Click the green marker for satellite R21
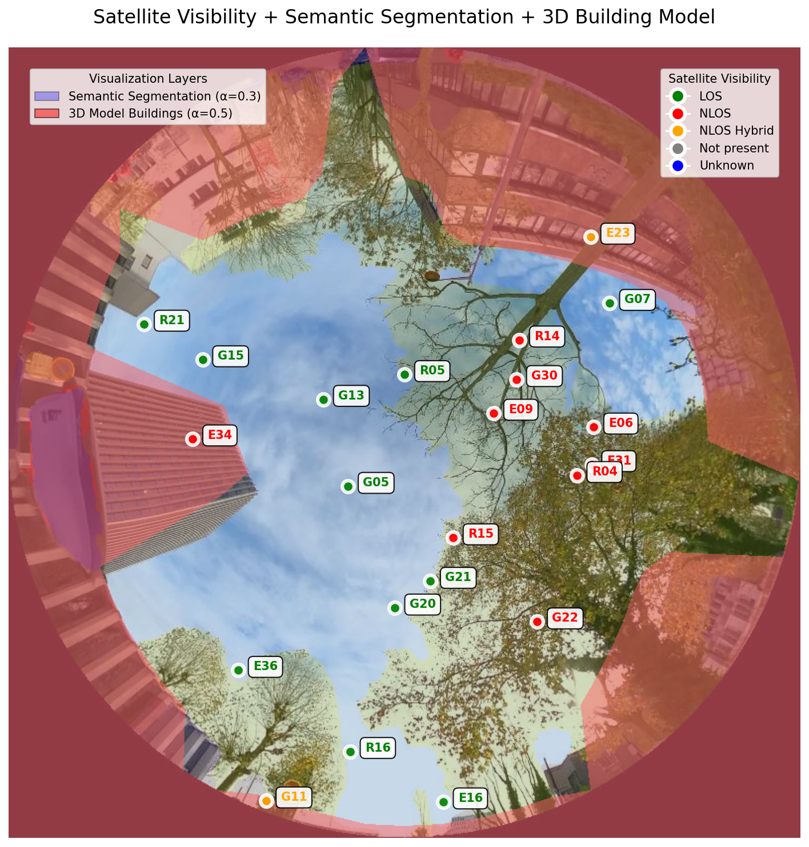point(144,324)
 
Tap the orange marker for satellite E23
point(591,237)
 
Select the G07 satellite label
point(637,299)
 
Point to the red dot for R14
point(519,340)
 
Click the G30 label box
point(544,376)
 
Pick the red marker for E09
point(494,413)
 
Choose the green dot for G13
point(323,400)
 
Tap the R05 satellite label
point(432,370)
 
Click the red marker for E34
point(193,439)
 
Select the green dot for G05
point(348,486)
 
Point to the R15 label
point(480,534)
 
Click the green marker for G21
point(430,581)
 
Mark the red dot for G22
point(537,622)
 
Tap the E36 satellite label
point(265,666)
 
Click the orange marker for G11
point(266,801)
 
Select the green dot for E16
point(443,802)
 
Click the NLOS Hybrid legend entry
point(736,131)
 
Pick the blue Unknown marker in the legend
point(678,166)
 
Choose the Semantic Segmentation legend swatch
point(47,96)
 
